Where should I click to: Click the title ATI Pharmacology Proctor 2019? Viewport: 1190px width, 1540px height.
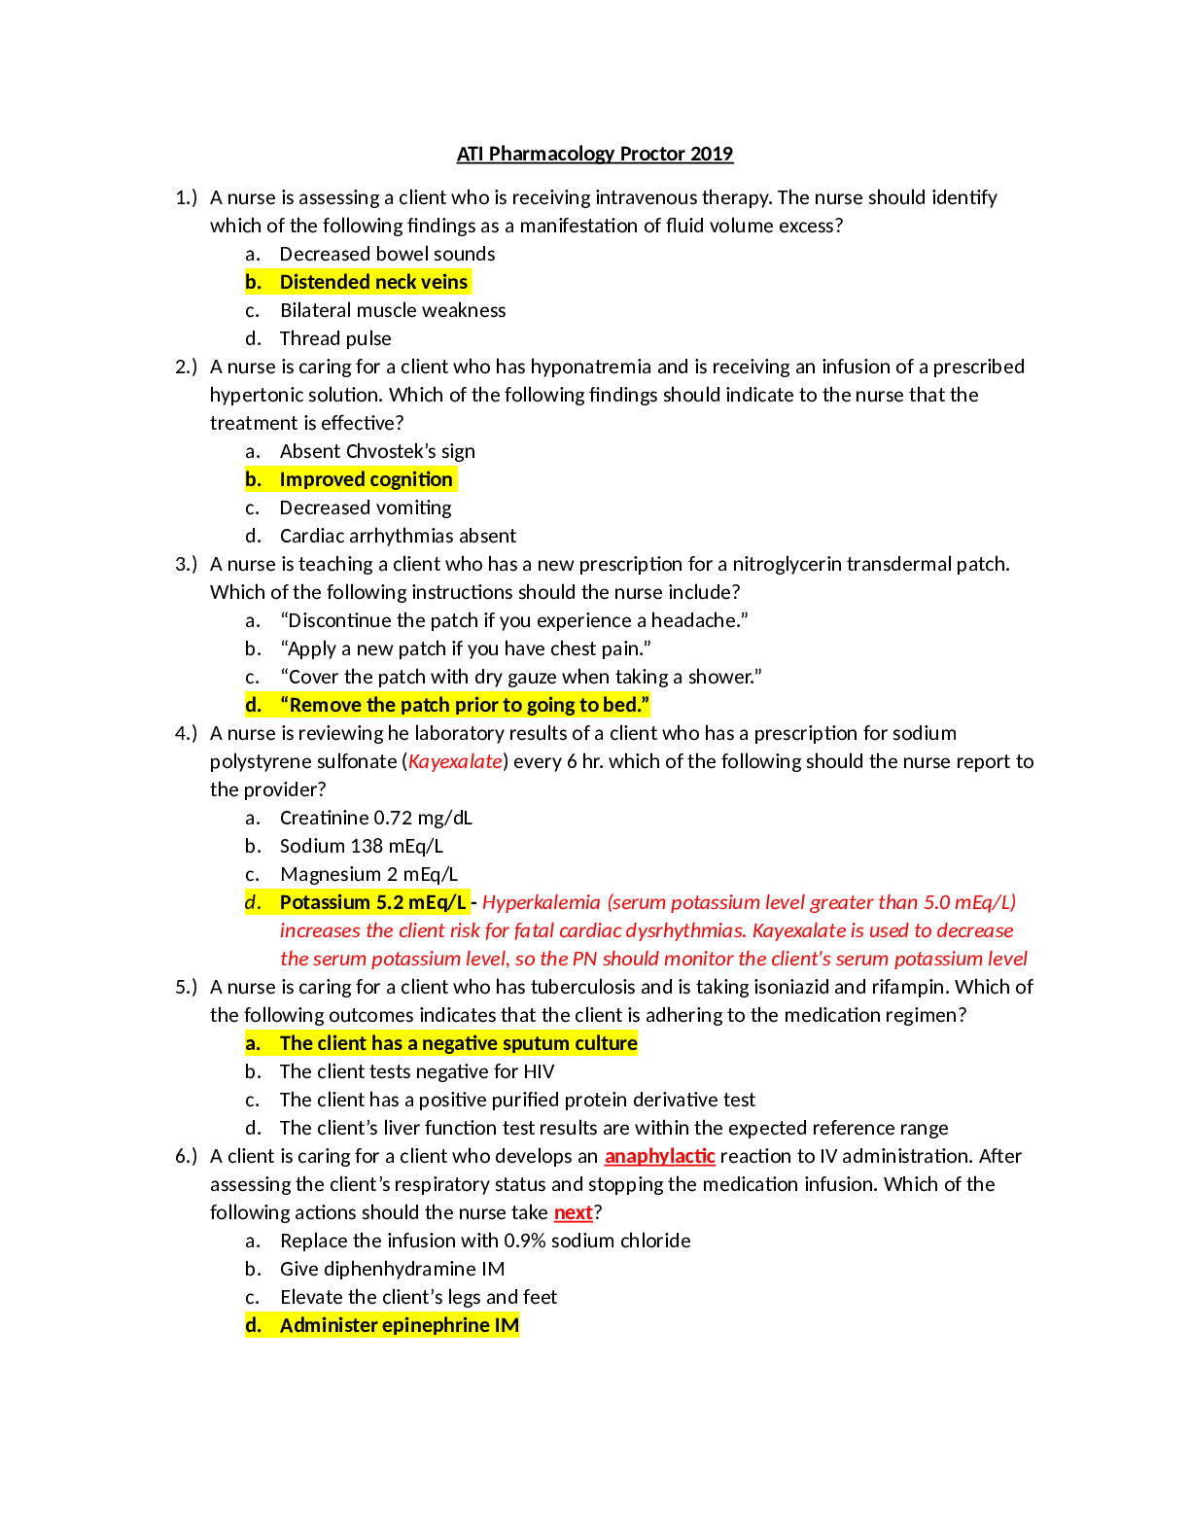pos(594,154)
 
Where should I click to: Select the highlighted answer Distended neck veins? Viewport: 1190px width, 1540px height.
pos(373,282)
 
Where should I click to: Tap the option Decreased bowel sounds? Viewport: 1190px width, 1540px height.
pos(387,254)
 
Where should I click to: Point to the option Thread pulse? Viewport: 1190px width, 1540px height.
pos(335,338)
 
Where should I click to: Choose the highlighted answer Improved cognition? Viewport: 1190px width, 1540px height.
pos(366,479)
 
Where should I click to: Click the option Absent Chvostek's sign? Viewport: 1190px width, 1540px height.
pos(377,451)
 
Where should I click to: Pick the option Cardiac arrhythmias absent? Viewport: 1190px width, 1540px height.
pos(398,536)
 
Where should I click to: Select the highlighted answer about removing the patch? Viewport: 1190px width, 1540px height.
pos(465,705)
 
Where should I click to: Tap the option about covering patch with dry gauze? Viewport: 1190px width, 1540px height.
pos(521,677)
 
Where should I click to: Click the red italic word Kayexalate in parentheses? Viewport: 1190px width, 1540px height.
pos(455,761)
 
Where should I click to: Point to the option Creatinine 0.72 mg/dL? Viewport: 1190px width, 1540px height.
pos(375,818)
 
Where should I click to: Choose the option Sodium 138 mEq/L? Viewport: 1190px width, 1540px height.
pos(362,846)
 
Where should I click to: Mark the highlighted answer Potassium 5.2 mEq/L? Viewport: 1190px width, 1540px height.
pos(372,902)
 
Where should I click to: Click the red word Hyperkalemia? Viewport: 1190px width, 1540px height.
pos(542,902)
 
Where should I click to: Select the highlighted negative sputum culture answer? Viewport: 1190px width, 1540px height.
pos(459,1043)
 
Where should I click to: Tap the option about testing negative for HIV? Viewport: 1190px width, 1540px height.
pos(417,1071)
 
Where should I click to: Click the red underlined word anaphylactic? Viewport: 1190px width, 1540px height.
pos(660,1157)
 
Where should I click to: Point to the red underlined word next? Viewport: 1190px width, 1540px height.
pos(574,1212)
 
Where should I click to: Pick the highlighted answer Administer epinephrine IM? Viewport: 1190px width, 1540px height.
pos(400,1325)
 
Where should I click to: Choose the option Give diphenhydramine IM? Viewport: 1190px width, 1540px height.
pos(393,1270)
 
